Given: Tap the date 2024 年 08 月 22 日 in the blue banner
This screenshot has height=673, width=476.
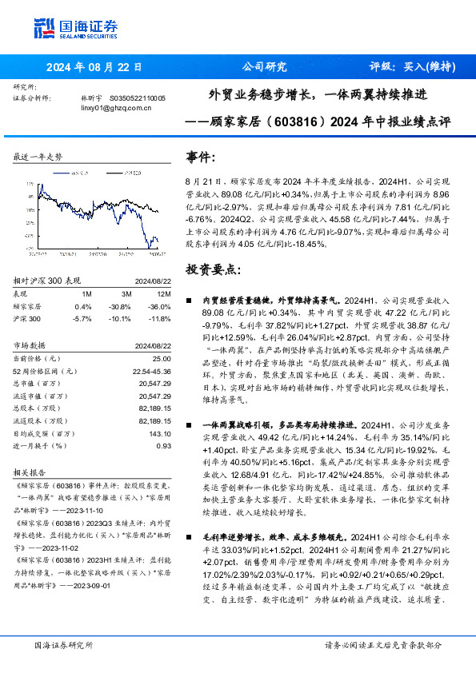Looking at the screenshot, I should (x=95, y=67).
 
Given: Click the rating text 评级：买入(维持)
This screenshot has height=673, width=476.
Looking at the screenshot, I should (x=412, y=67).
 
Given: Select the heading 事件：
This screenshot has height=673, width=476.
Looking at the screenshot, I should (x=202, y=157).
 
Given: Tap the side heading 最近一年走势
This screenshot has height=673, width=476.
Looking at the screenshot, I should (x=38, y=157).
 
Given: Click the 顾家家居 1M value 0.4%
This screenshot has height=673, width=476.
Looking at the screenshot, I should (x=82, y=306).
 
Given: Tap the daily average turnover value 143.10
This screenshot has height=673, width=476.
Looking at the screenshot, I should (x=158, y=434).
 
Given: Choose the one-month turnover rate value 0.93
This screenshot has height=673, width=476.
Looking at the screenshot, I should (x=163, y=446).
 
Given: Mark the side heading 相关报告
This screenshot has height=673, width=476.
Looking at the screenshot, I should (x=32, y=473).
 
